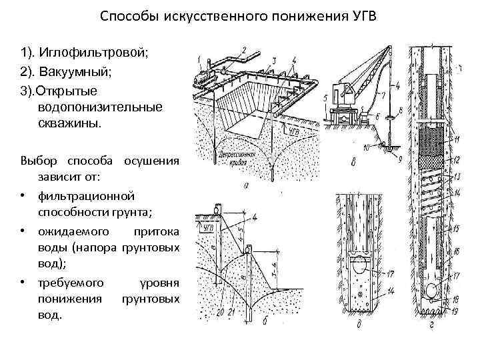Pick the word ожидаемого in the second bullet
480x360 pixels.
73,231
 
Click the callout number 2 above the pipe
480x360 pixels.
244,49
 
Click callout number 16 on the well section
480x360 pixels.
458,249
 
